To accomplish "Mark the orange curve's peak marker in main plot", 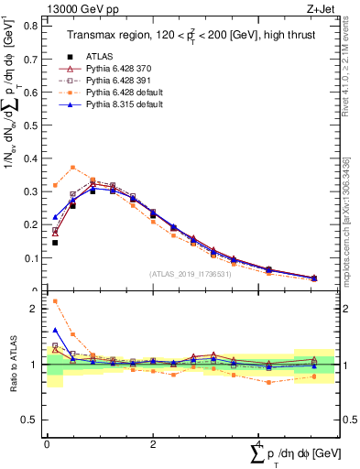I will (72, 168).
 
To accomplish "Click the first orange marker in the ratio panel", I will (55, 300).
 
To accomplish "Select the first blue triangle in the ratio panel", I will (55, 331).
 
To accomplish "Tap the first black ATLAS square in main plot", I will (55, 243).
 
